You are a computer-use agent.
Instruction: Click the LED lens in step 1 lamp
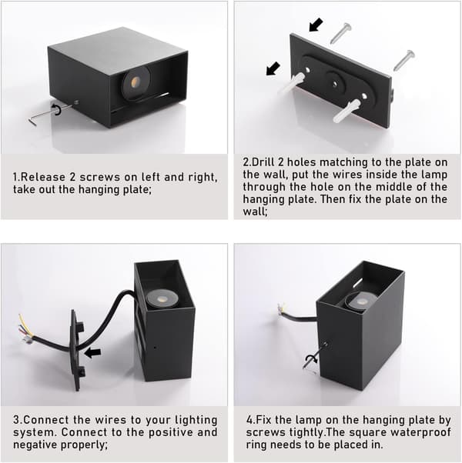coord(136,82)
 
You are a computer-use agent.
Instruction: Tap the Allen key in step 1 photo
coord(50,113)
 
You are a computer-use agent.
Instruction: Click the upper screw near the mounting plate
coord(341,33)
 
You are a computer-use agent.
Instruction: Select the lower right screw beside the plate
coord(403,60)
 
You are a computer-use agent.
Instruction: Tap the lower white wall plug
coord(346,111)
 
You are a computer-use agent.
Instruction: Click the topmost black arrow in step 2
coord(316,24)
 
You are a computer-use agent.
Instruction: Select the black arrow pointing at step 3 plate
coord(92,352)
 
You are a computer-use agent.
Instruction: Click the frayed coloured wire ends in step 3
coord(26,330)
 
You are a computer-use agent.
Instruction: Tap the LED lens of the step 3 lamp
coord(160,298)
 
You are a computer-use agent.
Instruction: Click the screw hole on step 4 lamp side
coord(326,344)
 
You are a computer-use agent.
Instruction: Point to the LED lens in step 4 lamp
coord(360,301)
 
